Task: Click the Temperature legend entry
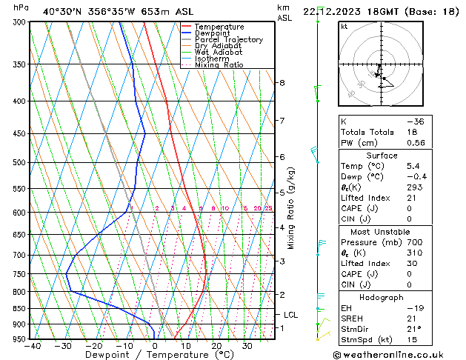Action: [x=219, y=27]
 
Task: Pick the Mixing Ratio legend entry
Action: [x=219, y=65]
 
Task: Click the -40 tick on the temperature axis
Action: [x=32, y=346]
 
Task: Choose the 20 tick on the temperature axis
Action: [x=216, y=346]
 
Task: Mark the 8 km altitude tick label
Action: [x=282, y=83]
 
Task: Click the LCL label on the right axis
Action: [x=290, y=315]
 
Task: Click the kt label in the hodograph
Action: [x=344, y=26]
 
